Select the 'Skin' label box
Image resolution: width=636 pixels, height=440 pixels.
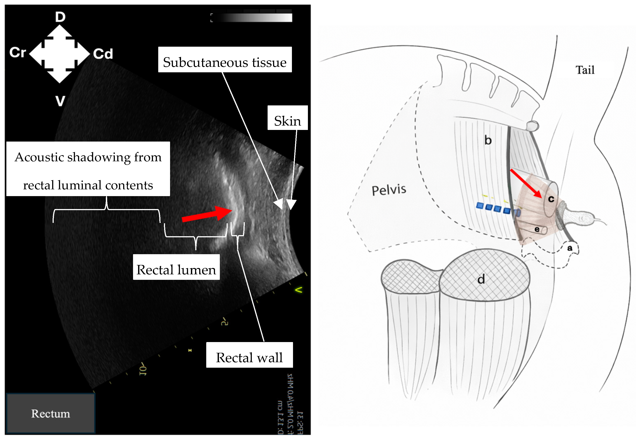pos(287,118)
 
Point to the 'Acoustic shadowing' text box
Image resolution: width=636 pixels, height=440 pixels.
pos(88,169)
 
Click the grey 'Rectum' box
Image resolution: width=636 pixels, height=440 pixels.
pos(51,413)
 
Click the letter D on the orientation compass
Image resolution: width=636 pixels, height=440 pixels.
pos(60,17)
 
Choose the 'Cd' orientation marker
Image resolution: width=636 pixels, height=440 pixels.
pos(103,54)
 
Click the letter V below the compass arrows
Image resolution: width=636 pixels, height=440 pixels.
pos(60,101)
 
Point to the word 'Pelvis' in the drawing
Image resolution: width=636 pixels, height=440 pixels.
pos(389,190)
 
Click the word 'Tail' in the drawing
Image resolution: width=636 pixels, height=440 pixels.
pos(585,70)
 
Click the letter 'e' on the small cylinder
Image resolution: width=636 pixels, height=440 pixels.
pos(537,229)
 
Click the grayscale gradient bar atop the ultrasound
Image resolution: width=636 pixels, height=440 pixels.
pos(254,17)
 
